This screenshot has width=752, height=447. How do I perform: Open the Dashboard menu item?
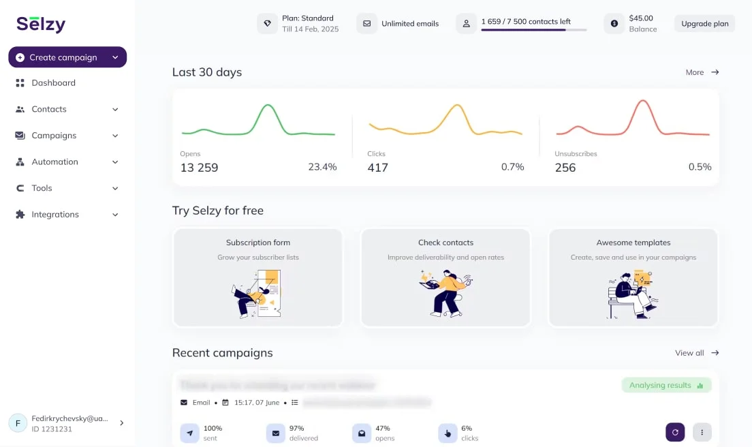(53, 83)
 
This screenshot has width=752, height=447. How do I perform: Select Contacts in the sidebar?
(49, 109)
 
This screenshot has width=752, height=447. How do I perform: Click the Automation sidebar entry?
(54, 162)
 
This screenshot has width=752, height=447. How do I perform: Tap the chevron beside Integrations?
(115, 215)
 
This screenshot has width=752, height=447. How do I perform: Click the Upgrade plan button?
(704, 24)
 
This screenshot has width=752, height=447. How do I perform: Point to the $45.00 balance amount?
(641, 18)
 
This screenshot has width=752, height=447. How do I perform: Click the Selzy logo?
(41, 24)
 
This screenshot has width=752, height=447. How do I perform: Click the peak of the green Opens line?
(268, 105)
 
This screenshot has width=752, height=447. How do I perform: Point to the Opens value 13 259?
(199, 168)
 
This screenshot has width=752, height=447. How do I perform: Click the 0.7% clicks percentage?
(512, 167)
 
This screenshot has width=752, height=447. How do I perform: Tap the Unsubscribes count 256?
(565, 168)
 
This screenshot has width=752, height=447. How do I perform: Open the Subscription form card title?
(258, 243)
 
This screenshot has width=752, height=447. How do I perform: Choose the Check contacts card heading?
(445, 243)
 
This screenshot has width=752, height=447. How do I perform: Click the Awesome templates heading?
(633, 243)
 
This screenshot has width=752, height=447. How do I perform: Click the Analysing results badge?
(666, 386)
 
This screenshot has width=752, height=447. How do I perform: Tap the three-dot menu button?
(702, 432)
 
